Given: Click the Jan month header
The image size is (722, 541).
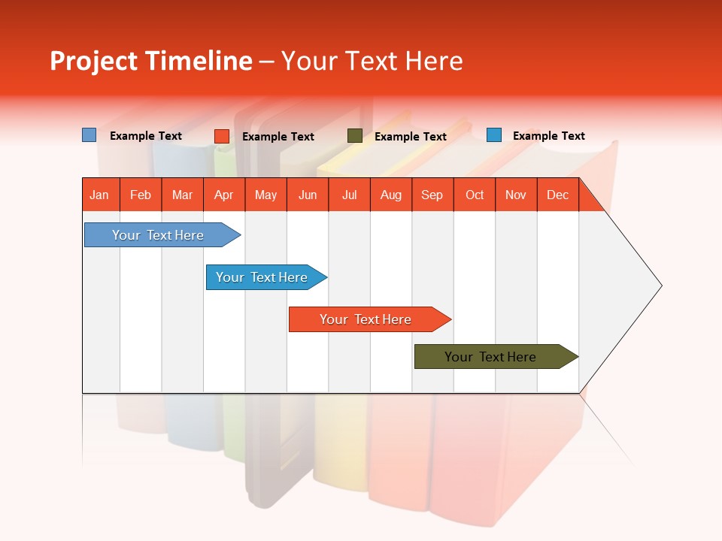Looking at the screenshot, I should (x=99, y=195).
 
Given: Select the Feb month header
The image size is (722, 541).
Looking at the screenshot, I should (x=141, y=195).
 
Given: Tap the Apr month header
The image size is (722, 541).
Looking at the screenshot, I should (x=223, y=195).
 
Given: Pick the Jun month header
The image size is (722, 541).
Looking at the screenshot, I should (x=308, y=195).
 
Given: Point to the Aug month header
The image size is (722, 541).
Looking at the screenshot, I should (x=390, y=195).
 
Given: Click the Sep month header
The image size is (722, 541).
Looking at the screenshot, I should (x=432, y=195).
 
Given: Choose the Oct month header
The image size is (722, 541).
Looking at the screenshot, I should (x=475, y=195).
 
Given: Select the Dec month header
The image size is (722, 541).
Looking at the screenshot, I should (x=557, y=195).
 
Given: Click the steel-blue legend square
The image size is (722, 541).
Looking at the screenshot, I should (x=89, y=135).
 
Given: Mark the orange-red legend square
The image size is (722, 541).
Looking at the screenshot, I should (x=222, y=136).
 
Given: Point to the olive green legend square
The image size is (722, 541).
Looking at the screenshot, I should (x=355, y=136).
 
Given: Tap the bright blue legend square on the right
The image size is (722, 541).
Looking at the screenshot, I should (x=494, y=135).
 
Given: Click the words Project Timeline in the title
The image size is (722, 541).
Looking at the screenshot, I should (x=150, y=61).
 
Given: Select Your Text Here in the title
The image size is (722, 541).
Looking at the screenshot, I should (x=372, y=61).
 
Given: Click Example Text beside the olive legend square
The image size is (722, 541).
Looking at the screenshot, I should (x=411, y=137).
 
